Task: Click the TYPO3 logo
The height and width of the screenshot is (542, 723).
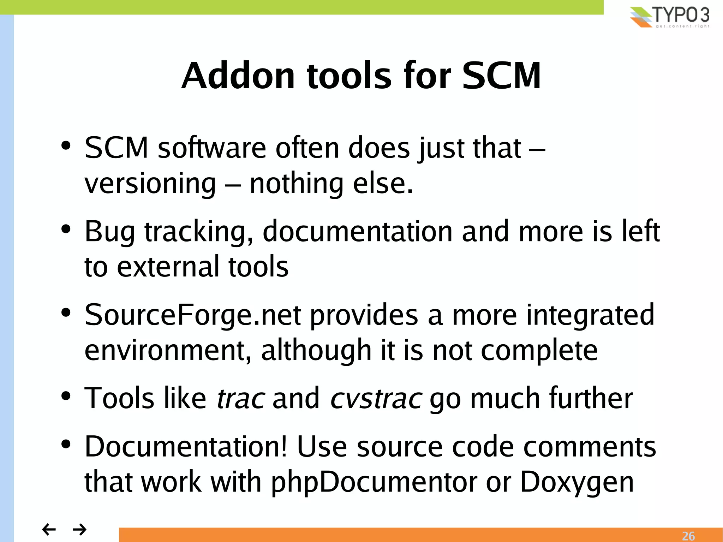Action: (669, 17)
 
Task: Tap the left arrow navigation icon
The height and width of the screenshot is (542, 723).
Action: (49, 529)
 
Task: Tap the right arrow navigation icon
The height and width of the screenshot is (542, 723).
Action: (79, 529)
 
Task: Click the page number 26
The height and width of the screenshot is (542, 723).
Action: (688, 536)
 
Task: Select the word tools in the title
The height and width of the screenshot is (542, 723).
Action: (349, 76)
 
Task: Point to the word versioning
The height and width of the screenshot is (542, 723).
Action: (150, 184)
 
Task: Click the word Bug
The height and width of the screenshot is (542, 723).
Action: (110, 232)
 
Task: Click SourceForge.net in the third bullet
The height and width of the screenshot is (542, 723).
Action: (193, 315)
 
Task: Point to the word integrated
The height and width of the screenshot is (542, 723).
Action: (590, 315)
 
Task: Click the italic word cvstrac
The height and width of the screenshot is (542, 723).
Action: (376, 398)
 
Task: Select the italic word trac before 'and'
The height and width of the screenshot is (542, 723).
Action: (241, 398)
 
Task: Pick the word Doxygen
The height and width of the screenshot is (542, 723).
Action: (577, 482)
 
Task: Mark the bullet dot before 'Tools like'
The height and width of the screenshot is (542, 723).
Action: (66, 396)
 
